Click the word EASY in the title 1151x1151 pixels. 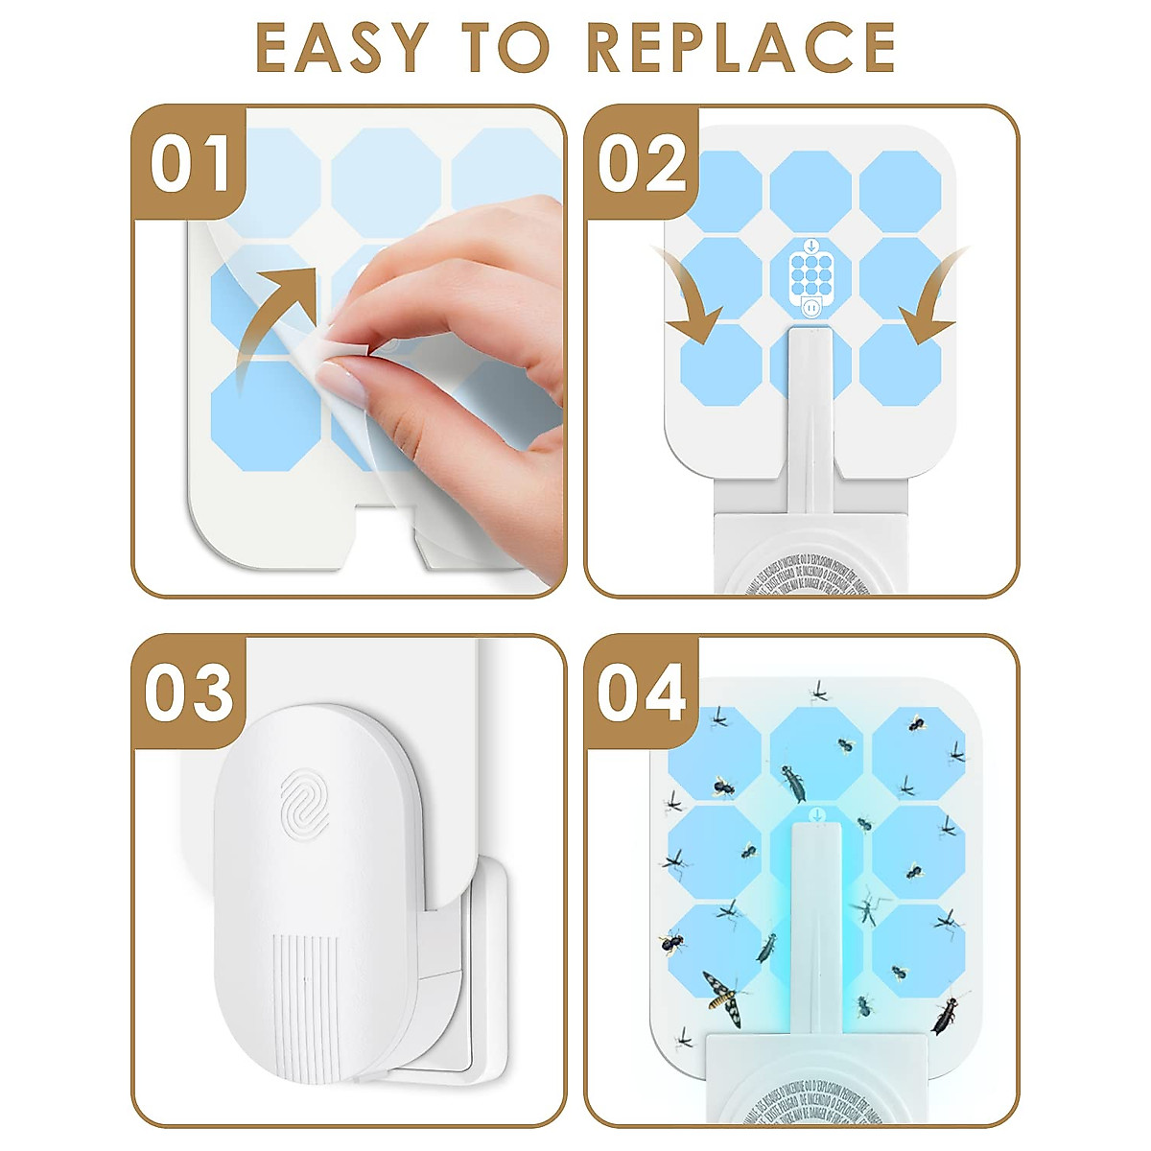pyautogui.click(x=341, y=47)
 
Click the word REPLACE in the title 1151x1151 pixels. pyautogui.click(x=740, y=47)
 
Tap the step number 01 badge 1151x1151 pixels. pyautogui.click(x=190, y=164)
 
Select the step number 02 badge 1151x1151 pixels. pyautogui.click(x=642, y=164)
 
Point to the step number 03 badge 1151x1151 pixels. pyautogui.click(x=190, y=693)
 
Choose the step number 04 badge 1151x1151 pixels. pyautogui.click(x=642, y=693)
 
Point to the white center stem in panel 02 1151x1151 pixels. pyautogui.click(x=810, y=422)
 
